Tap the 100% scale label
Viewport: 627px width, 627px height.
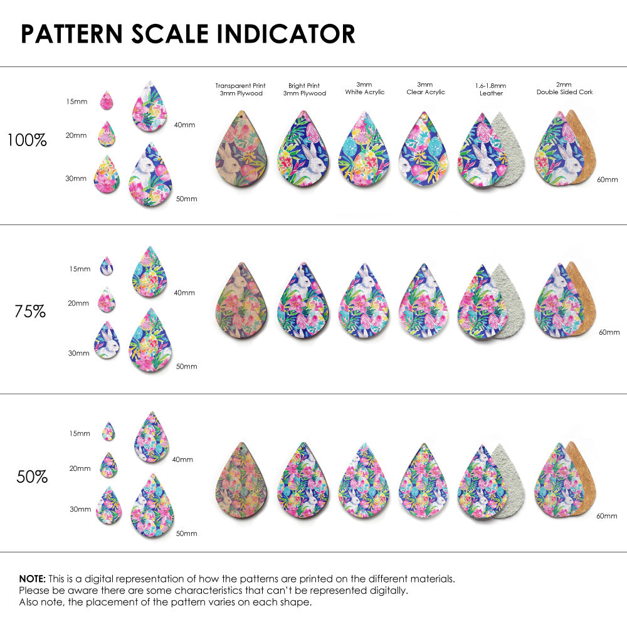coord(27,140)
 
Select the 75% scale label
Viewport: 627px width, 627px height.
coord(30,311)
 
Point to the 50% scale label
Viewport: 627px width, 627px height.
coord(32,477)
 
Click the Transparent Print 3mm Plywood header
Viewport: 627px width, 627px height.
coord(240,89)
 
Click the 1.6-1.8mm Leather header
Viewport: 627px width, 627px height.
coord(491,89)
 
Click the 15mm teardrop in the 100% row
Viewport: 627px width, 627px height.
coord(107,100)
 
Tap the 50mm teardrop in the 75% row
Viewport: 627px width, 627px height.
coord(151,341)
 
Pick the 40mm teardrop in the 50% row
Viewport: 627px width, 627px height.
coord(151,438)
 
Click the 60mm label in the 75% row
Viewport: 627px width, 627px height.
coord(609,332)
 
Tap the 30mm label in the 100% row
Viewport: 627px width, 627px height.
coord(76,179)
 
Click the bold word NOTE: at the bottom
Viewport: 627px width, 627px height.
coord(32,579)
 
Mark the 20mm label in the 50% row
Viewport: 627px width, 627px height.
coord(80,468)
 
